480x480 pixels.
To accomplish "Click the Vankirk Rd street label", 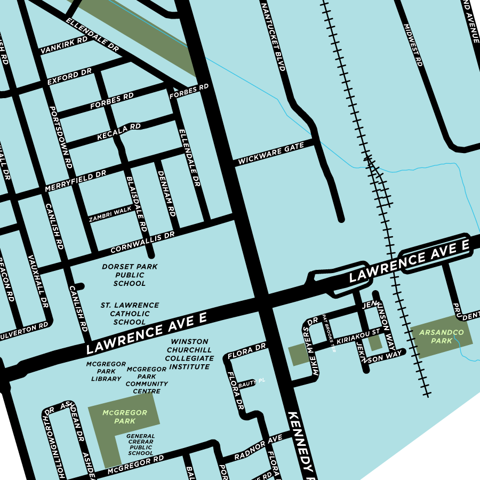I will [x=63, y=45].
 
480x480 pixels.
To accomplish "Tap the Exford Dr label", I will [x=69, y=77].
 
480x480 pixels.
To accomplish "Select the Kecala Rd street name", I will [x=118, y=133].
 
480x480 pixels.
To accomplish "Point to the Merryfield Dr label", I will [x=75, y=181].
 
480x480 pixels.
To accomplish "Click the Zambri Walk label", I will [x=110, y=214].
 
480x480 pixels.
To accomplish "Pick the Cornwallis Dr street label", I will [x=142, y=243].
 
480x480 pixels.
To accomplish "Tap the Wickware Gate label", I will [x=270, y=153].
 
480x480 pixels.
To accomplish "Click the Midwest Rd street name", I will [x=413, y=45].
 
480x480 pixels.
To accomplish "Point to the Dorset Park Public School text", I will [x=130, y=275].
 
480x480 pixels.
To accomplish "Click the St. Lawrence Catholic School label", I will [x=130, y=314].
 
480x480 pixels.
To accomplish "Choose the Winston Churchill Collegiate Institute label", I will [x=189, y=354].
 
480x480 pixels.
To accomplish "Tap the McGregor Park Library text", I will [x=106, y=371].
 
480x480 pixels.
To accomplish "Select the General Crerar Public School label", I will [x=140, y=444].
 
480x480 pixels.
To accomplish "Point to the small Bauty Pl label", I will [x=251, y=382].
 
